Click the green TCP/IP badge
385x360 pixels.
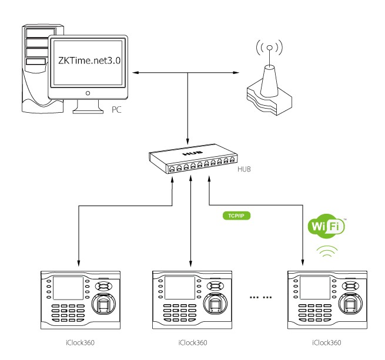point(235,216)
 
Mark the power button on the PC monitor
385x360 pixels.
point(88,92)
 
